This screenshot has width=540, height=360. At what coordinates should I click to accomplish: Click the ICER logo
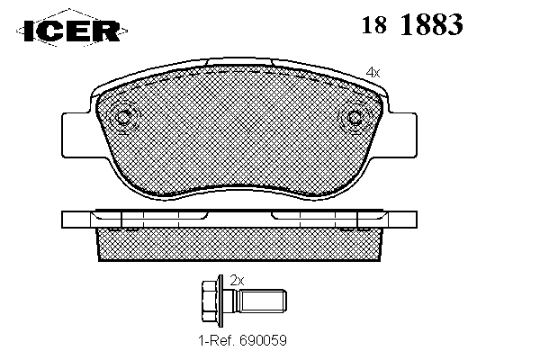coord(72,31)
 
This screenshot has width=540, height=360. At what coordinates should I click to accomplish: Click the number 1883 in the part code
coord(432,24)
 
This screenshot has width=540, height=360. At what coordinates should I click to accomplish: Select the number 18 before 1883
coord(374,25)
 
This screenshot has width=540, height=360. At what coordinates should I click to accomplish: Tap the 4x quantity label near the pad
coord(373,72)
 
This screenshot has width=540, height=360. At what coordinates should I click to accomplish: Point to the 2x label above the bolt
coord(237,281)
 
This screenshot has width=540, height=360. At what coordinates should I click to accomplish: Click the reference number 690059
coord(263,340)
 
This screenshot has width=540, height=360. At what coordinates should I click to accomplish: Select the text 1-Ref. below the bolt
coord(216,340)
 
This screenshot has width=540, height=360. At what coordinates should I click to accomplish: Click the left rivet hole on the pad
coord(123,118)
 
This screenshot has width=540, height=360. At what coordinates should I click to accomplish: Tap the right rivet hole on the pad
coord(354,118)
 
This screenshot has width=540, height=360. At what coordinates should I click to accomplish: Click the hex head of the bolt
coord(209,301)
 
